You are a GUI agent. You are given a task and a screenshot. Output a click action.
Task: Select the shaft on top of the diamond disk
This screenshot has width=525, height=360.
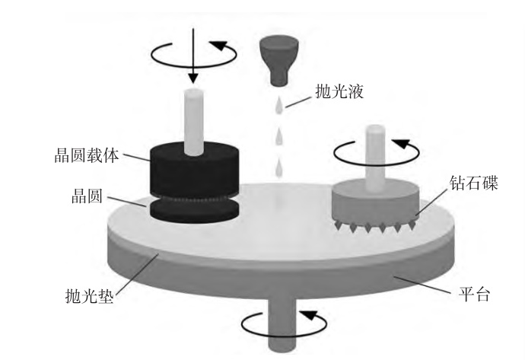376,156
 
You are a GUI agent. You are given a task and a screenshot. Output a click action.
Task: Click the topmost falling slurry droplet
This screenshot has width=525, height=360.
279,104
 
